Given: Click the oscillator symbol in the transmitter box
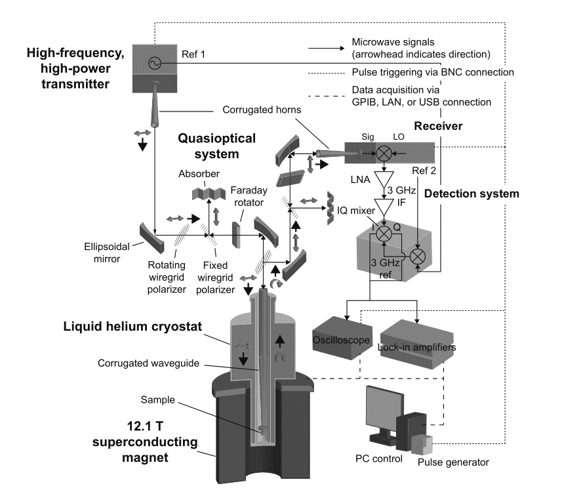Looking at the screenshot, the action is pyautogui.click(x=155, y=64).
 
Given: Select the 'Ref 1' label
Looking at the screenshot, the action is pyautogui.click(x=193, y=54).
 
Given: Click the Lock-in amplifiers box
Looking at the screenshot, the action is pyautogui.click(x=417, y=344).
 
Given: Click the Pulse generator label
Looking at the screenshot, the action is pyautogui.click(x=453, y=462).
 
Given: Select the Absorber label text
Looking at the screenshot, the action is pyautogui.click(x=199, y=174).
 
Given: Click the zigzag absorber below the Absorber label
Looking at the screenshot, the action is pyautogui.click(x=209, y=194).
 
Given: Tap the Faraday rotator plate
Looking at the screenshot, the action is pyautogui.click(x=236, y=235).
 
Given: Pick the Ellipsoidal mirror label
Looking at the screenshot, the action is pyautogui.click(x=107, y=253).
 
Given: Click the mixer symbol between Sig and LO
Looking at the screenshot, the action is pyautogui.click(x=384, y=153).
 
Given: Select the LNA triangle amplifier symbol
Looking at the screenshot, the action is pyautogui.click(x=384, y=180).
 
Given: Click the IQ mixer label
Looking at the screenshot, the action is pyautogui.click(x=355, y=211).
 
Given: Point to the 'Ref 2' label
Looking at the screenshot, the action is pyautogui.click(x=424, y=171).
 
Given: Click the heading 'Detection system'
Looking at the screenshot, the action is pyautogui.click(x=472, y=194).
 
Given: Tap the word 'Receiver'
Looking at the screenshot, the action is pyautogui.click(x=438, y=126).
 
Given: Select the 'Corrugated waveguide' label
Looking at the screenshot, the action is pyautogui.click(x=148, y=363).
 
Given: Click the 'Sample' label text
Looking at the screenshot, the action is pyautogui.click(x=157, y=399).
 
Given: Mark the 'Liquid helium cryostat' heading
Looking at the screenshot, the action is pyautogui.click(x=132, y=326).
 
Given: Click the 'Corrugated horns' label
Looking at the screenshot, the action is pyautogui.click(x=262, y=110).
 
